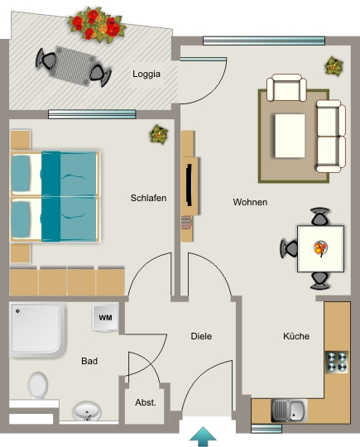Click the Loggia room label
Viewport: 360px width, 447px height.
tap(146, 74)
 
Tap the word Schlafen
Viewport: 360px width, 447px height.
tap(148, 198)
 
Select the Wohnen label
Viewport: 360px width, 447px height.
tap(250, 202)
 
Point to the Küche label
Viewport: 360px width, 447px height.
tap(296, 336)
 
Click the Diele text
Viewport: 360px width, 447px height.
tap(201, 336)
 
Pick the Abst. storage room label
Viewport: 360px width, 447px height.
tap(146, 402)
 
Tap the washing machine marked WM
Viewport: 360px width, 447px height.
tap(105, 318)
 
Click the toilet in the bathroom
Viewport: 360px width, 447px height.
tap(38, 386)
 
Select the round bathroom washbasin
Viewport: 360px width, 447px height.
tap(87, 411)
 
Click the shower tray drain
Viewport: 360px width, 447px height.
tap(17, 311)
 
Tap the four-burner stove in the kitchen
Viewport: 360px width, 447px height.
tap(337, 362)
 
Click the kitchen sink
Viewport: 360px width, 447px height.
tap(289, 411)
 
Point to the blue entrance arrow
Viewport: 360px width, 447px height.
tap(203, 437)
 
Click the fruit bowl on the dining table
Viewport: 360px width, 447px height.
tap(320, 248)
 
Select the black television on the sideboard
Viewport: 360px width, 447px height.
tap(189, 185)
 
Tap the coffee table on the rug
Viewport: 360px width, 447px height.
tap(290, 136)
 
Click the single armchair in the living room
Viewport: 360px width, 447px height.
tap(286, 88)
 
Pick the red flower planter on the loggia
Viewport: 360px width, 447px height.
tap(97, 25)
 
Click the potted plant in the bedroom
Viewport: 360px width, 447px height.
tap(159, 134)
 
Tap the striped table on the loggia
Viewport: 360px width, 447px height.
tap(72, 66)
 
